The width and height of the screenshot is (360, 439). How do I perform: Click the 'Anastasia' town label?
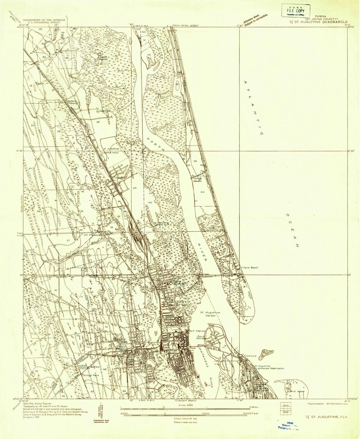(249, 356)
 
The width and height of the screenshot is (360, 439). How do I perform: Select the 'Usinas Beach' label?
(197, 180)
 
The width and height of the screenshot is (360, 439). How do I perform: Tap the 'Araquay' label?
(119, 178)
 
